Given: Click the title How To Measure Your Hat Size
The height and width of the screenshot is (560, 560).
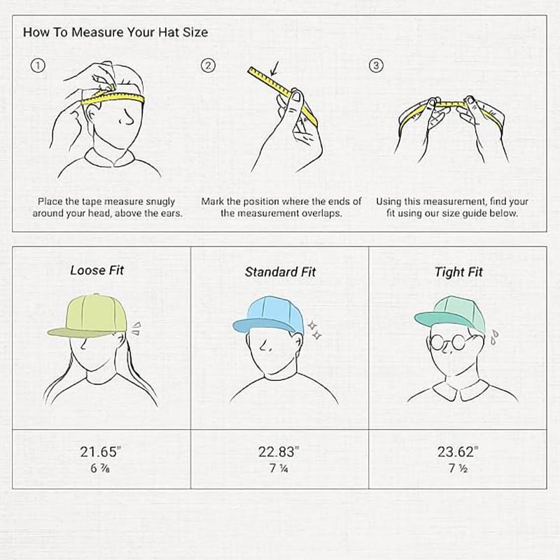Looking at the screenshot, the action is [x=115, y=32].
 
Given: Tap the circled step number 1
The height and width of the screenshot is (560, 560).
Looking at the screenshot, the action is [x=38, y=66].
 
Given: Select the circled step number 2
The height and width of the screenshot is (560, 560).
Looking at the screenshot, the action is [x=208, y=66].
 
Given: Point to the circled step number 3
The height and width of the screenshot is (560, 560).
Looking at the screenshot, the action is [x=376, y=66].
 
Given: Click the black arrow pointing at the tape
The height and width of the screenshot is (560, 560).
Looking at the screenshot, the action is [x=274, y=69].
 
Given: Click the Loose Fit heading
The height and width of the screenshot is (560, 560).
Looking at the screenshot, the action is [x=97, y=270].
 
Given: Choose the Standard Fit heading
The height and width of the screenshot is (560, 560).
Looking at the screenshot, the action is [x=281, y=272].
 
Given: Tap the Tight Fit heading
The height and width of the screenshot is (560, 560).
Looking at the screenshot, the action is [x=458, y=272].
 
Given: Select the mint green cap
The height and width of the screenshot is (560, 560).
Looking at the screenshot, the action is [x=451, y=314].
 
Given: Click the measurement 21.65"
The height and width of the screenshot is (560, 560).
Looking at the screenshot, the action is [x=100, y=451].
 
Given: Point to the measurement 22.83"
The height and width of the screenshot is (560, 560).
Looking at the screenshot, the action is [x=279, y=451].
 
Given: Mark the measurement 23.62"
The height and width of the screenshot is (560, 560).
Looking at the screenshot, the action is [x=458, y=451].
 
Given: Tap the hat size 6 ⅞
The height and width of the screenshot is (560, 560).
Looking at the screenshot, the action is [x=100, y=468].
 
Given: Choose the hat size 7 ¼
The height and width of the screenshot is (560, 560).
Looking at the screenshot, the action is [x=279, y=468].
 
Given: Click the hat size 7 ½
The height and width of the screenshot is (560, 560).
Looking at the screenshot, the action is [x=458, y=468].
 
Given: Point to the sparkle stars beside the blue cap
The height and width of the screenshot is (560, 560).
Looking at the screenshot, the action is [x=314, y=330].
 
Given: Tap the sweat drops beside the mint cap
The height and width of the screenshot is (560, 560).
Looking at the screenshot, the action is [x=494, y=337].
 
